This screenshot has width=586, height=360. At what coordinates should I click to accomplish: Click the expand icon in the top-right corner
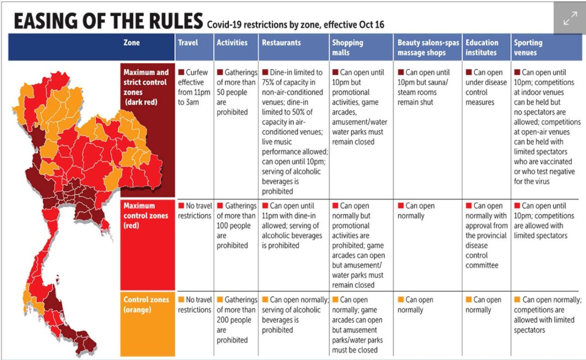(570, 19)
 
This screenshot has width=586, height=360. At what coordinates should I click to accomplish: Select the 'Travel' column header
(188, 43)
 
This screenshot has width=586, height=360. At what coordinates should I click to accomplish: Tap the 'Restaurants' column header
(281, 43)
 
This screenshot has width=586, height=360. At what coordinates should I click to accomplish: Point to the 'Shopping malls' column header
(348, 48)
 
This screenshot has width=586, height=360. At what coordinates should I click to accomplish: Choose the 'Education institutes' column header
(482, 48)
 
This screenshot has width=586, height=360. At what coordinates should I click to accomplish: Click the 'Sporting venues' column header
(528, 48)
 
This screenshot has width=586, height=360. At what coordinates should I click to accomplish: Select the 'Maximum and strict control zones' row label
(147, 87)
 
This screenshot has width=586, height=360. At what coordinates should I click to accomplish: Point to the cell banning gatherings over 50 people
(235, 92)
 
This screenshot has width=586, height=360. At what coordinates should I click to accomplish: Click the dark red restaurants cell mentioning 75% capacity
(293, 131)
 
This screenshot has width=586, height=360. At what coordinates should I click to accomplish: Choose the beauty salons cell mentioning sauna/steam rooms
(426, 87)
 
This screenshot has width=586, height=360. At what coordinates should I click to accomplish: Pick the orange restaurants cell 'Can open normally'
(293, 314)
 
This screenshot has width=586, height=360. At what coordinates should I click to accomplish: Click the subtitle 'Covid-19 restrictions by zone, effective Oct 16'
(295, 24)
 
